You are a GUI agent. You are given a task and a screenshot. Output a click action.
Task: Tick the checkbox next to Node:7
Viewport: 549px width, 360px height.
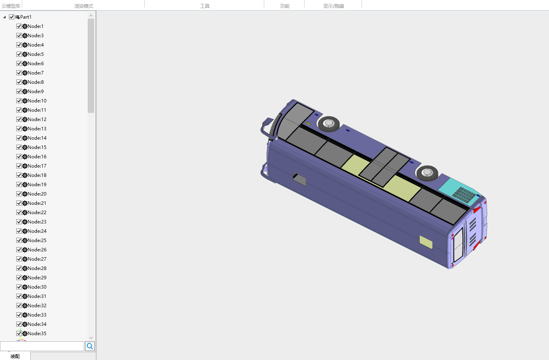[x=19, y=73]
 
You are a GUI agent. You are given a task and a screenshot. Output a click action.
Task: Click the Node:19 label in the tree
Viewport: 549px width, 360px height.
[x=37, y=185]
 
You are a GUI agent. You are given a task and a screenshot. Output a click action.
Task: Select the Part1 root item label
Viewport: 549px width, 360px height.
[x=26, y=17]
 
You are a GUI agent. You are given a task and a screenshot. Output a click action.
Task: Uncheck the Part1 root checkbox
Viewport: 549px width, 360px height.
[x=12, y=17]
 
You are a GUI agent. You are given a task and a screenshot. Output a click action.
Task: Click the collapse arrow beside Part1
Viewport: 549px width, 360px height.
[x=4, y=17]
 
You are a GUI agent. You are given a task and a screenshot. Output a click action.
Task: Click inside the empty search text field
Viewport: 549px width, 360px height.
[x=42, y=346]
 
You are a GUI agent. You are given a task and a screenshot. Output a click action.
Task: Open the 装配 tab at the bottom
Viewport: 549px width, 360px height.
[x=15, y=357]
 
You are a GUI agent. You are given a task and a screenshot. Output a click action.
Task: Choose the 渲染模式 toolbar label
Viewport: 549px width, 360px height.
[x=84, y=6]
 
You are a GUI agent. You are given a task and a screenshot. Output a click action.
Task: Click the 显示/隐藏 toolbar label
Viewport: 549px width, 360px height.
[x=334, y=6]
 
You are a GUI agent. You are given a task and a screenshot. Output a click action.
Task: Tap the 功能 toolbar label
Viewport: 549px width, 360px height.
[x=284, y=6]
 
